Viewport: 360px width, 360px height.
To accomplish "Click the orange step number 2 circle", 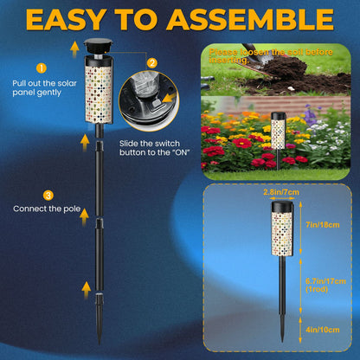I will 152,62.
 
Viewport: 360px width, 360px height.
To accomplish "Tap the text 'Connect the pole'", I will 41,209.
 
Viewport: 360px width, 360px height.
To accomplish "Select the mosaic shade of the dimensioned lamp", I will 281,228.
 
